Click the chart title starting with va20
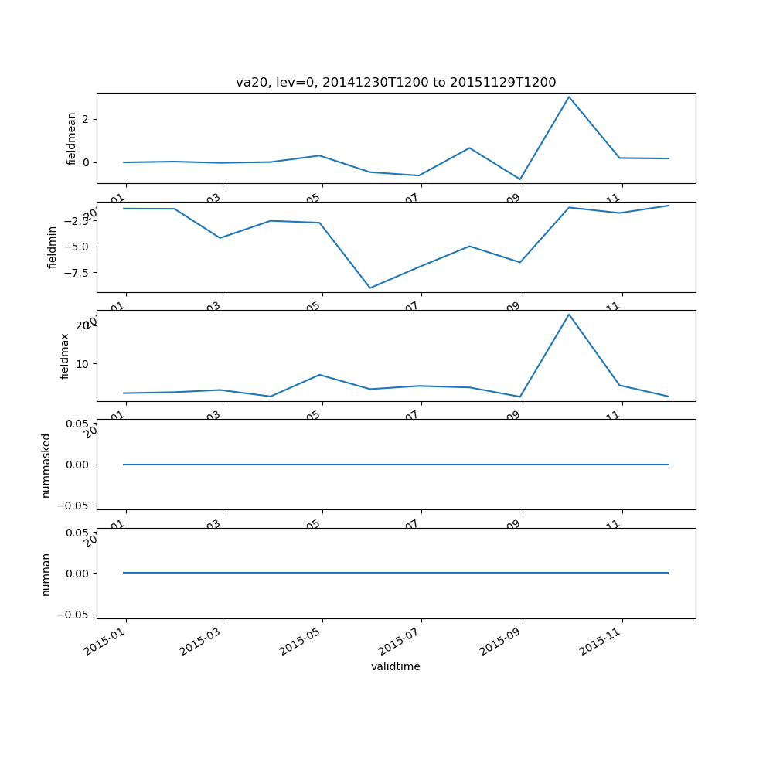[396, 83]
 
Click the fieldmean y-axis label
[72, 138]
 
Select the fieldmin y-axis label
[53, 247]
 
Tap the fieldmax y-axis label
[65, 356]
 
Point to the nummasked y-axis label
[46, 465]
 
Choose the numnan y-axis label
[46, 574]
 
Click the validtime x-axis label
[395, 666]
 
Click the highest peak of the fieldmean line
[569, 97]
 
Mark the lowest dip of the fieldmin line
[370, 288]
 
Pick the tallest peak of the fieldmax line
[569, 314]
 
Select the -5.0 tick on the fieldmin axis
[77, 247]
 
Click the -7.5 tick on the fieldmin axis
[77, 272]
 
